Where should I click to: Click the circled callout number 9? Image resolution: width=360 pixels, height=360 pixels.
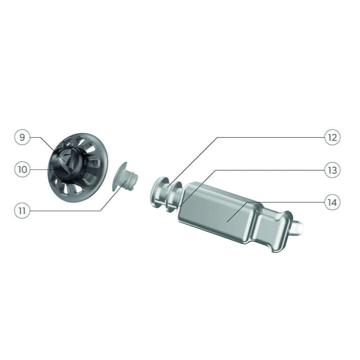pos(22,137)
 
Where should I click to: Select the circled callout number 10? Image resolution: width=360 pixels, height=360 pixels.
pos(22,170)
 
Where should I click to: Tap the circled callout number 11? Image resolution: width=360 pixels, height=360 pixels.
pos(22,211)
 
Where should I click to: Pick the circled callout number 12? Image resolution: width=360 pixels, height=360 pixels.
pos(332,137)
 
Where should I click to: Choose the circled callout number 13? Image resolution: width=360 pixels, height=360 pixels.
pos(332,170)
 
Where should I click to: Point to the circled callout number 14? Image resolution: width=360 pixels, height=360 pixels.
pos(332,202)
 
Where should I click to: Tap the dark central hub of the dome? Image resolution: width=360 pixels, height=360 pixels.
pos(67,163)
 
